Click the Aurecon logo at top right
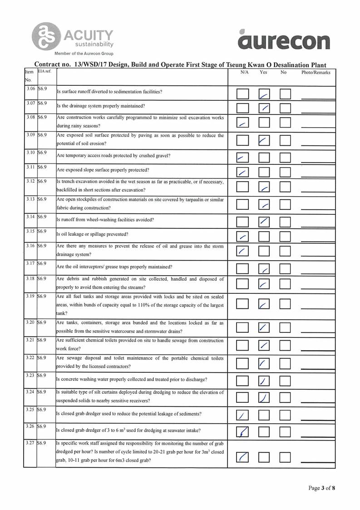284,40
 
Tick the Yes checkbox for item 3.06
264,94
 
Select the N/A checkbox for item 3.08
243,123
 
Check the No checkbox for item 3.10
285,158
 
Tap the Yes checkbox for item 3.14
264,222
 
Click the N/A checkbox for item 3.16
243,251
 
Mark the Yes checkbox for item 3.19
264,304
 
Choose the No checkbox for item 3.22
285,363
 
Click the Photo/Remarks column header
316,73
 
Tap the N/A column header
244,73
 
